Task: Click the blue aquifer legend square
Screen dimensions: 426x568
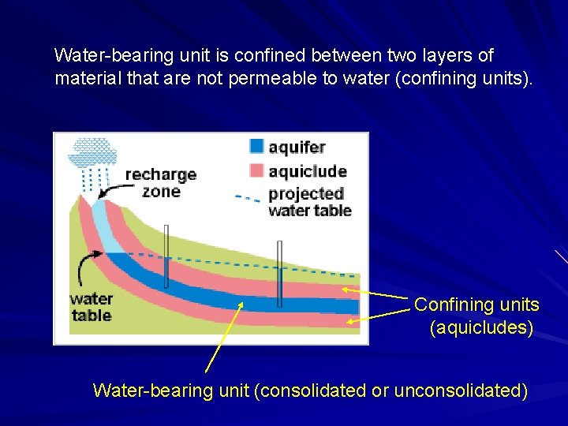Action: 256,146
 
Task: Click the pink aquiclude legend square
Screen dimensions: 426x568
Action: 256,170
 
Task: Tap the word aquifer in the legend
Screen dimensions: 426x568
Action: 297,147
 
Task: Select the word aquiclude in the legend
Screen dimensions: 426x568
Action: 308,171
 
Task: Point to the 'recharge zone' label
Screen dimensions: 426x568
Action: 161,182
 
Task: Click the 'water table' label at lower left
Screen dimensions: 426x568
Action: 92,308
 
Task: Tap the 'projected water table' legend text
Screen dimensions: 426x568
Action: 309,201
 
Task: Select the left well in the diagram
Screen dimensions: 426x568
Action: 166,256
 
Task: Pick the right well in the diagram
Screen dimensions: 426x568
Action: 279,273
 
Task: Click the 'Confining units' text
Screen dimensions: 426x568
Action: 476,305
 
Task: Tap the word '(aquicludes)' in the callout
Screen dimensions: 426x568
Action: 481,327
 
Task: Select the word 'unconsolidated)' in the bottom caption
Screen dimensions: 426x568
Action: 458,390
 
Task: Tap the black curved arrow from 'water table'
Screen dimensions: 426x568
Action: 85,268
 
